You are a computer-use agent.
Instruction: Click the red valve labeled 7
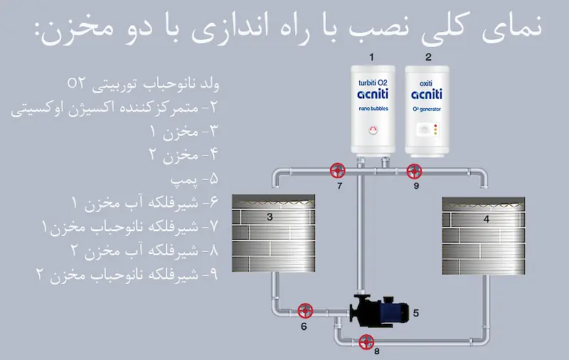(x=337, y=170)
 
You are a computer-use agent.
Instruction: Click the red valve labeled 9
(x=414, y=171)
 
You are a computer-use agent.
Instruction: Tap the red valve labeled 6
(x=305, y=311)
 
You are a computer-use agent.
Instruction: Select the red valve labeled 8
(x=366, y=342)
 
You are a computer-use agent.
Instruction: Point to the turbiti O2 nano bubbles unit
(x=373, y=110)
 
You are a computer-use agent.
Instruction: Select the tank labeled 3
(x=274, y=233)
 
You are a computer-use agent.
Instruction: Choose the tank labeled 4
(x=484, y=236)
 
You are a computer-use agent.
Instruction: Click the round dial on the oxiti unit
(x=423, y=129)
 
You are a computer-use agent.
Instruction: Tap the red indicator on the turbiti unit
(x=373, y=130)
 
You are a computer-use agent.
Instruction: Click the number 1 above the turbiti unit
(x=371, y=57)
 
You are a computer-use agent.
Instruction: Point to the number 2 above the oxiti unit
(x=429, y=57)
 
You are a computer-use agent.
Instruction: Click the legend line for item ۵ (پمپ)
(x=194, y=179)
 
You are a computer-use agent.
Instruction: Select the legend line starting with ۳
(x=184, y=131)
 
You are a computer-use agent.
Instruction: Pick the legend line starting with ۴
(x=184, y=155)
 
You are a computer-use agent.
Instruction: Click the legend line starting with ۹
(x=127, y=275)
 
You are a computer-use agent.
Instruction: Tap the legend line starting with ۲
(x=115, y=107)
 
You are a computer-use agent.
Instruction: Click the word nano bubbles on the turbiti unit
(x=373, y=109)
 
